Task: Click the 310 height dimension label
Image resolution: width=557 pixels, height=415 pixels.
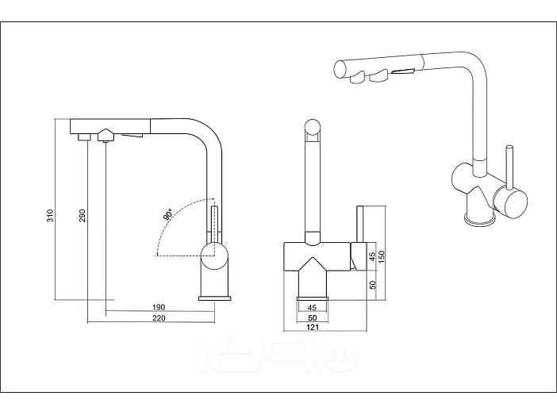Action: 49,215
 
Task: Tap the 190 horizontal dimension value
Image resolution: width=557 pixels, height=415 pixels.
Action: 158,307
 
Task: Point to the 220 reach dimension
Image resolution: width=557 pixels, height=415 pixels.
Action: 158,319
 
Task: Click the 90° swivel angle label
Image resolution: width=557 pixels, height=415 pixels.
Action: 168,215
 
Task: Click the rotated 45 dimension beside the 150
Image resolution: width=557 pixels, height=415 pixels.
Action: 372,257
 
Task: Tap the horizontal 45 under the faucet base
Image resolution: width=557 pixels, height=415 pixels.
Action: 312,307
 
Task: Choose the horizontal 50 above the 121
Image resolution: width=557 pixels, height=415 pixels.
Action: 312,317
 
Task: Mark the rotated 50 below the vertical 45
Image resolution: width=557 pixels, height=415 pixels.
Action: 372,284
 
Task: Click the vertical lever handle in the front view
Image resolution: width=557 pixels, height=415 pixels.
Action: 359,225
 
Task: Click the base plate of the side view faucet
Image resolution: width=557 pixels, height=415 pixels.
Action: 214,298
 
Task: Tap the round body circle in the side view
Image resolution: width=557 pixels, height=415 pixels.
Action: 214,255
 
